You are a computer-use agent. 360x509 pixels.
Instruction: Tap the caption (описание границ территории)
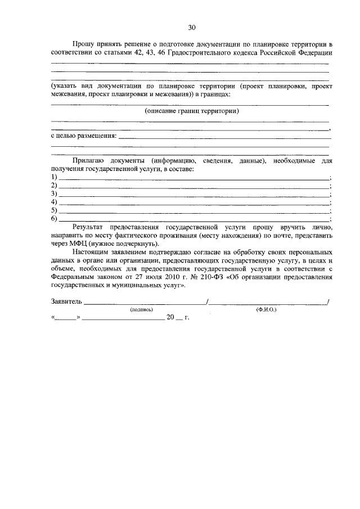click(192, 111)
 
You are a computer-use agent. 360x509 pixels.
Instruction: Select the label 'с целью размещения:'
click(84, 136)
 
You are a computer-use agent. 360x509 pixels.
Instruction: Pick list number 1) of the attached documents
click(54, 177)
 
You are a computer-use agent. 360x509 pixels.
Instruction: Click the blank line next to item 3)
click(194, 194)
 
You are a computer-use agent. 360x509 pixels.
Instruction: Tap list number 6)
click(54, 218)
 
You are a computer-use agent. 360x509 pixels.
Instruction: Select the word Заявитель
click(66, 301)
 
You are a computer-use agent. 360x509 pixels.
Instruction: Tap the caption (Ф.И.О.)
click(266, 309)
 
